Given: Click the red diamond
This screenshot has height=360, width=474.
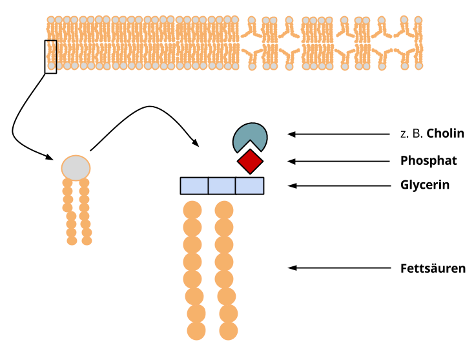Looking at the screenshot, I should [250, 162].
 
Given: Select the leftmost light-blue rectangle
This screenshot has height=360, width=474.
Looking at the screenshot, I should [194, 186].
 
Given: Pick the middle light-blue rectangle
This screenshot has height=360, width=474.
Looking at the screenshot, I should [222, 186].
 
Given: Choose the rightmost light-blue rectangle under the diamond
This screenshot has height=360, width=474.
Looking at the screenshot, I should [249, 186].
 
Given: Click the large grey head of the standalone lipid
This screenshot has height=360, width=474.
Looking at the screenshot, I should [76, 168].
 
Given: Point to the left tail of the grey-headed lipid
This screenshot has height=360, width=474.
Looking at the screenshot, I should [69, 210].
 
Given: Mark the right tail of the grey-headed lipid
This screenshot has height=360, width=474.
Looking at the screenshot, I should [85, 210].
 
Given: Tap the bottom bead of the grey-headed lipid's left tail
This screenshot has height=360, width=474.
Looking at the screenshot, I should [72, 240].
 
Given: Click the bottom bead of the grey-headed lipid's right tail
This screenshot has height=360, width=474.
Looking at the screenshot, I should [87, 240].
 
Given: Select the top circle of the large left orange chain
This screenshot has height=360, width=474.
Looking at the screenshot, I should [192, 210].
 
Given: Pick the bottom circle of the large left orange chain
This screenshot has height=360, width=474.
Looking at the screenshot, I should [196, 331].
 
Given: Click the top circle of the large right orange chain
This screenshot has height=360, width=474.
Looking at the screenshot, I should [224, 210].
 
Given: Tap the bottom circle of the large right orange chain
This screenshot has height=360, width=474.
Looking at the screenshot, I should [228, 331].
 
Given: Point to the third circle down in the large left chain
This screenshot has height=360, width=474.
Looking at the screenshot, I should [192, 245].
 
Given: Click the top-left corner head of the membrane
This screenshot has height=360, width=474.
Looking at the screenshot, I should [51, 20].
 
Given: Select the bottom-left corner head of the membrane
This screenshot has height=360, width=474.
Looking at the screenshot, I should [51, 66].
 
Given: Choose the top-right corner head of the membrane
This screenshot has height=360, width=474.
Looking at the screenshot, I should [418, 20].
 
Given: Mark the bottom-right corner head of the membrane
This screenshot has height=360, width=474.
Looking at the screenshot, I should [419, 66].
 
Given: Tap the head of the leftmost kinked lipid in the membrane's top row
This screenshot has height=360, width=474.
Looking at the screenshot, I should [251, 21].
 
